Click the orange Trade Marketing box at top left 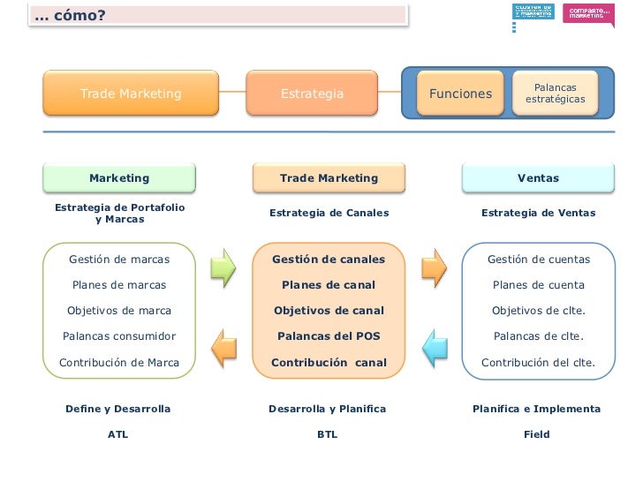click(131, 94)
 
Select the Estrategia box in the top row click(312, 94)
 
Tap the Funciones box click(460, 94)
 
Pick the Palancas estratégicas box click(555, 94)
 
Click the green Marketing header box click(119, 178)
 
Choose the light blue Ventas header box click(538, 178)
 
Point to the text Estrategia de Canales click(329, 213)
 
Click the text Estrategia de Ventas click(538, 213)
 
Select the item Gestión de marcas click(119, 260)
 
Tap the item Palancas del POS click(329, 336)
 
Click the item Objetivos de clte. click(538, 311)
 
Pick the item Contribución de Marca click(119, 362)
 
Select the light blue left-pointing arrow click(435, 348)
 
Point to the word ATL click(117, 434)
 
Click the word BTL click(327, 434)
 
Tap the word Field click(536, 434)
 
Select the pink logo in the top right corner click(589, 13)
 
